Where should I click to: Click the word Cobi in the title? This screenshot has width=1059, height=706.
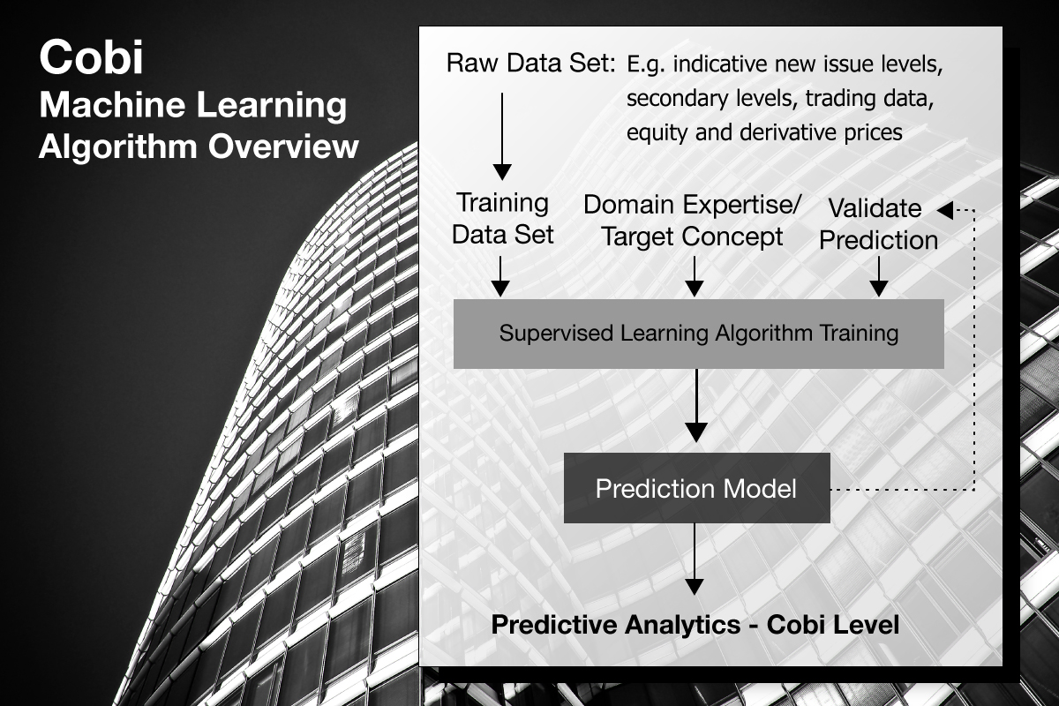(91, 57)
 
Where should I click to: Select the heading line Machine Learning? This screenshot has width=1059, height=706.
(193, 105)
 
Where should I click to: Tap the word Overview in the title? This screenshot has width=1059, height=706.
(283, 146)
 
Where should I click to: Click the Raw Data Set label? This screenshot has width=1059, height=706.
(531, 63)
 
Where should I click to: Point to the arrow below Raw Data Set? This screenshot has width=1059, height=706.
(502, 136)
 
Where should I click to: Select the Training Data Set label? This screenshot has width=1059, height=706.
(502, 219)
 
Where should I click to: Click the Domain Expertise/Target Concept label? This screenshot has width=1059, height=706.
(693, 221)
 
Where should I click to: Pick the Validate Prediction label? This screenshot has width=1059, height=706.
(878, 224)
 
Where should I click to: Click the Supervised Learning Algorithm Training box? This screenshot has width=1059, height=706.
(699, 334)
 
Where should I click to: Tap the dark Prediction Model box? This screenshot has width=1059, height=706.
(697, 488)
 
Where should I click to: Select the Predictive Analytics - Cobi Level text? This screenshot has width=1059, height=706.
(695, 624)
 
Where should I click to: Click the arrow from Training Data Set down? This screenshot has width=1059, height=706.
(500, 276)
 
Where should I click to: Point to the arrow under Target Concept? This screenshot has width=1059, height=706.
(694, 276)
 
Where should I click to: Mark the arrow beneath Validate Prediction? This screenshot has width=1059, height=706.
(878, 276)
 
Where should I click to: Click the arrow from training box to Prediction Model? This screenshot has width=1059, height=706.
(696, 406)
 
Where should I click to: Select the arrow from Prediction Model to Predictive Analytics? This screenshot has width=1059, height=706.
(694, 559)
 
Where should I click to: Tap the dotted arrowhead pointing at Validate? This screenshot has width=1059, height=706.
(945, 210)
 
